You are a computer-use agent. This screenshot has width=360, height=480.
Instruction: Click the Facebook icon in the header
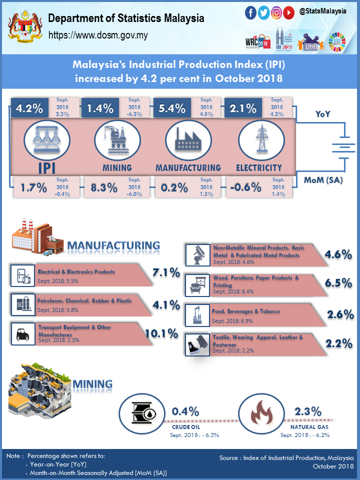pyautogui.click(x=251, y=13)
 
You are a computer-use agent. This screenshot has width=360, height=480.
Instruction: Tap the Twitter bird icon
pyautogui.click(x=263, y=13)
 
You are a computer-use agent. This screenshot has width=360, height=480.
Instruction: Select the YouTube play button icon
pyautogui.click(x=288, y=13)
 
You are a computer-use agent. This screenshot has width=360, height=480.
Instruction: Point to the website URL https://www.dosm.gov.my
pyautogui.click(x=97, y=35)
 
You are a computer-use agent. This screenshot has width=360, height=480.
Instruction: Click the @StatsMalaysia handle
pyautogui.click(x=322, y=10)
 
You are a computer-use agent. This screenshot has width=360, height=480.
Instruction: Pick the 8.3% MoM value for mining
pyautogui.click(x=104, y=187)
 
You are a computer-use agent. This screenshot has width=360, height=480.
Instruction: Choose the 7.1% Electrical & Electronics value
pyautogui.click(x=165, y=272)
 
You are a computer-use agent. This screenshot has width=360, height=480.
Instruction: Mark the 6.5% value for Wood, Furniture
pyautogui.click(x=338, y=283)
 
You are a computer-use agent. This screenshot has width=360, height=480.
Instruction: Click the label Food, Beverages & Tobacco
pyautogui.click(x=246, y=311)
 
